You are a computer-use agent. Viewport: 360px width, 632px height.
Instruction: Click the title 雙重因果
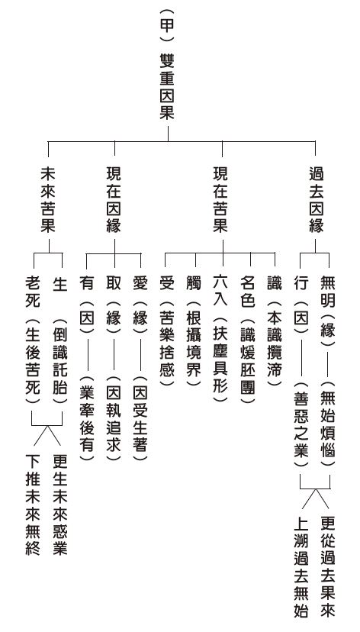[x=167, y=86]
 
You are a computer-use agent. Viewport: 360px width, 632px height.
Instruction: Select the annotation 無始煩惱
[x=328, y=423]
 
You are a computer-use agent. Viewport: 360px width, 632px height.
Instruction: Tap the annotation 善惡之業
[x=301, y=423]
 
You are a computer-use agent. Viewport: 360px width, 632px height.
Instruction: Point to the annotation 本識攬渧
[x=275, y=343]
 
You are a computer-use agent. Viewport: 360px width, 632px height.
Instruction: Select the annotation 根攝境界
[x=193, y=343]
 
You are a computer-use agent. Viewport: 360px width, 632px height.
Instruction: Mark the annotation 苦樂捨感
[x=167, y=343]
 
